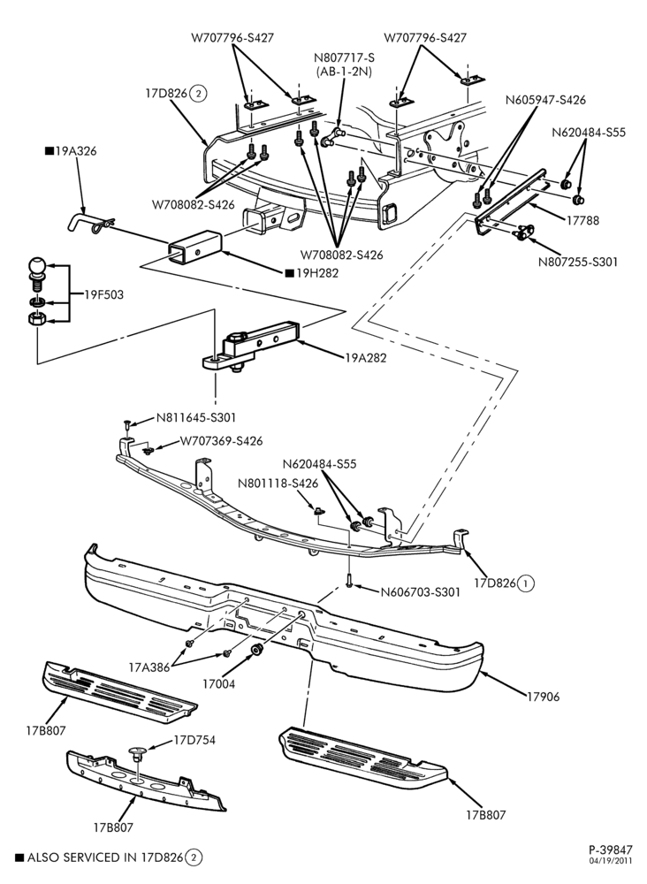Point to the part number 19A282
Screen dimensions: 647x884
366,357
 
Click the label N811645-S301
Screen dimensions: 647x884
195,418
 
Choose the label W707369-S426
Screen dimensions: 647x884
221,441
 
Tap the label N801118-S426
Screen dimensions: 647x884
278,484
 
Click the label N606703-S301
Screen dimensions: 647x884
421,592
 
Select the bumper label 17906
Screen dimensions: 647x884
544,697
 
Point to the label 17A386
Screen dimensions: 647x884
149,667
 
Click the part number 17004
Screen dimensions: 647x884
218,684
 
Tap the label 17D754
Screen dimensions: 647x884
194,740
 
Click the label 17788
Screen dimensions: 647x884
582,220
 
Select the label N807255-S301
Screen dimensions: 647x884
578,263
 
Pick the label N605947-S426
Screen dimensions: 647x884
545,100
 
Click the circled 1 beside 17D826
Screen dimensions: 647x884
525,583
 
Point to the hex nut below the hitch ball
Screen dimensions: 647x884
37,318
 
